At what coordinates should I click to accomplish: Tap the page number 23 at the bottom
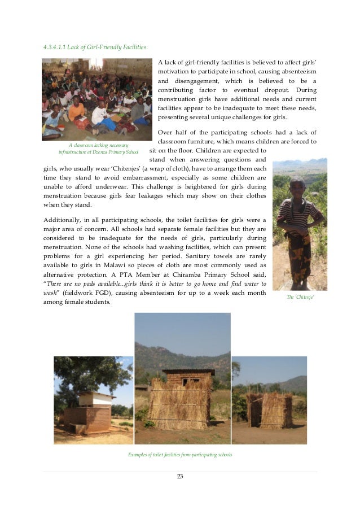coord(180,477)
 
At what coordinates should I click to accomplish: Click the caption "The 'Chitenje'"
coord(300,297)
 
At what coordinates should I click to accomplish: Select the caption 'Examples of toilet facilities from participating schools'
coord(180,455)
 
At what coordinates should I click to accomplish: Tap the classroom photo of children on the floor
coord(96,99)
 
